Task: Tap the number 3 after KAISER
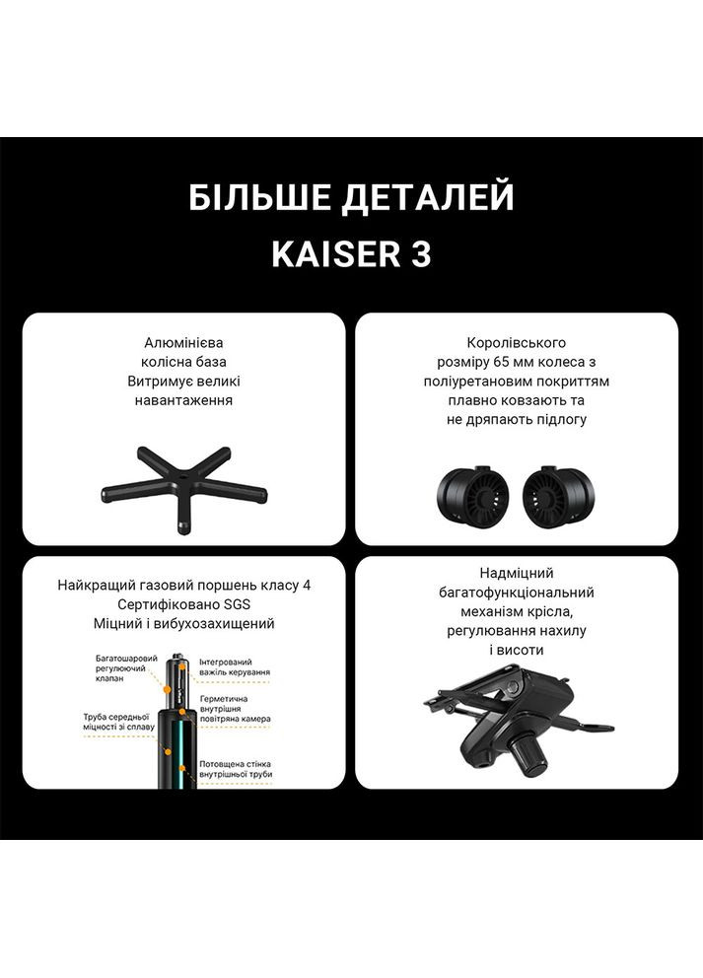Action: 419,254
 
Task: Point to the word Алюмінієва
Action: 183,343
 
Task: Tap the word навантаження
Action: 183,400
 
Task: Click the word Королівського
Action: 517,343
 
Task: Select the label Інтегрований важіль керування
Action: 234,666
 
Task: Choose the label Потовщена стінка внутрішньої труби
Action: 235,769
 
